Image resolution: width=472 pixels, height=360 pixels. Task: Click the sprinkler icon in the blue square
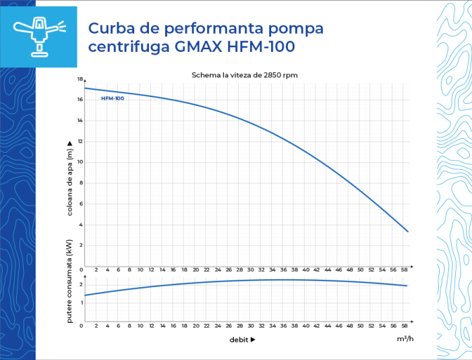click(38, 36)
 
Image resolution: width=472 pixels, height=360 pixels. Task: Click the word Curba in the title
click(111, 29)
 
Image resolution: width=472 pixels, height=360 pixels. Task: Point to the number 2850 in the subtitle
click(274, 75)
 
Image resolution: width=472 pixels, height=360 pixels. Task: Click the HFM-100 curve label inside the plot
click(113, 98)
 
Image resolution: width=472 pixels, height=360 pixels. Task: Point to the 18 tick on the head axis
click(80, 80)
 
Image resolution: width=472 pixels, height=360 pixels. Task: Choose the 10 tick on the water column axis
click(80, 162)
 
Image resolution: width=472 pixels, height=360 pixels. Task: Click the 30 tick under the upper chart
click(251, 270)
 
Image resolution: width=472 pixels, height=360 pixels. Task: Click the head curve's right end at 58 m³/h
click(408, 232)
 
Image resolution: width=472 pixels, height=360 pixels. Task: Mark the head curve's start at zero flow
click(85, 88)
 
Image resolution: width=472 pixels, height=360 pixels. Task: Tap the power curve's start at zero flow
click(85, 295)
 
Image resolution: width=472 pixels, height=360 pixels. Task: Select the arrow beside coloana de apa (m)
click(70, 143)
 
